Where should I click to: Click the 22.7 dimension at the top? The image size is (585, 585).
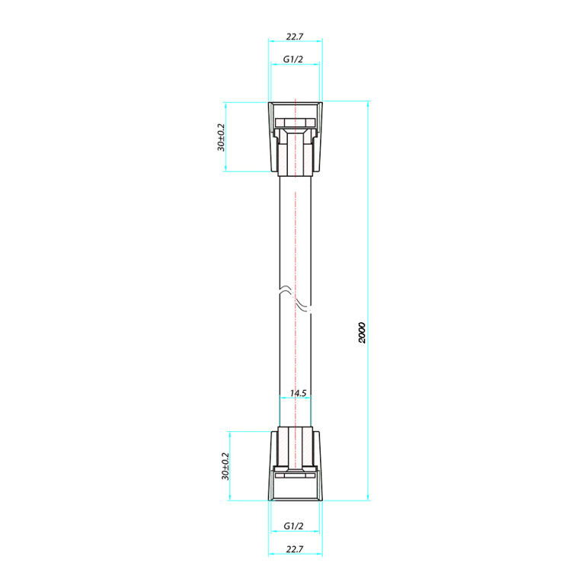[x=295, y=37]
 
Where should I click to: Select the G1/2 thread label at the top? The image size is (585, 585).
[x=293, y=59]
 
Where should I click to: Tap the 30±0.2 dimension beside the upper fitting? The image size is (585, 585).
[x=221, y=137]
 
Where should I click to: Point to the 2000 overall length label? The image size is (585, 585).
[x=362, y=332]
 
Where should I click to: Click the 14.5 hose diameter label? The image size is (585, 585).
[x=298, y=393]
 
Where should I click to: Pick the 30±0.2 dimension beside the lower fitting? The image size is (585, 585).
[x=225, y=466]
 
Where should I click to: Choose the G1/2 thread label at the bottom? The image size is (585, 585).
[x=293, y=526]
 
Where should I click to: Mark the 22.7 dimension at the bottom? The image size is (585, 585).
[x=295, y=549]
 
